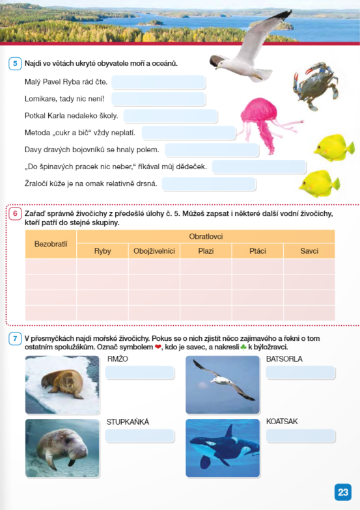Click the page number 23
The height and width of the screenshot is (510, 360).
click(343, 492)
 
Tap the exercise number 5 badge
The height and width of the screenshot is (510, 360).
click(14, 64)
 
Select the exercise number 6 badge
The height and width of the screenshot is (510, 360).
click(14, 213)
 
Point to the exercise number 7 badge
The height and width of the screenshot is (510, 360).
click(14, 339)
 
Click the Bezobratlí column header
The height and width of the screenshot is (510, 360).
click(50, 243)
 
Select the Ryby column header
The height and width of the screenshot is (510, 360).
click(102, 251)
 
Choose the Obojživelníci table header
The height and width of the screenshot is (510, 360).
click(154, 251)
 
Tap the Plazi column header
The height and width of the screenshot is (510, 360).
click(206, 251)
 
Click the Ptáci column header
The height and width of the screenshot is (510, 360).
click(257, 251)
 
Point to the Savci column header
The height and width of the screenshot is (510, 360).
click(309, 251)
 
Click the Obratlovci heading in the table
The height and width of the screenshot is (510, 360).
click(206, 236)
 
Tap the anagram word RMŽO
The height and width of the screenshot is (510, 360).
click(118, 358)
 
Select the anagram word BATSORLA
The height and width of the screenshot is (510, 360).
click(284, 358)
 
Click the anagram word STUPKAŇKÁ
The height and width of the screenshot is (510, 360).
click(128, 422)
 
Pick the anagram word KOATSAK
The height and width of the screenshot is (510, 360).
click(282, 422)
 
